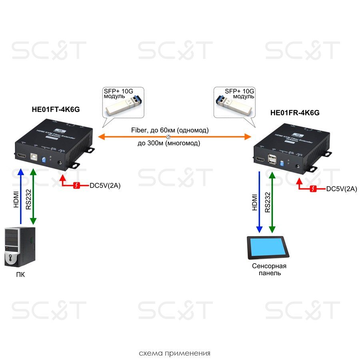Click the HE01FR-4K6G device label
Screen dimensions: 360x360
(295, 113)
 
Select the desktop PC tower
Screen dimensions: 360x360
(19, 247)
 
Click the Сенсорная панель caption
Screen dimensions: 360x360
(269, 270)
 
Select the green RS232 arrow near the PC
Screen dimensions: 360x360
(34, 196)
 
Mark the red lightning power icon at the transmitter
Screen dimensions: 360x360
(78, 186)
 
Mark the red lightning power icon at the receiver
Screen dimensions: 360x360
(315, 189)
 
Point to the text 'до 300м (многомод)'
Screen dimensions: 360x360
(168, 143)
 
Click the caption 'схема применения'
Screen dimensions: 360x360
(174, 353)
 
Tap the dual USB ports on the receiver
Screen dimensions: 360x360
(273, 160)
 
